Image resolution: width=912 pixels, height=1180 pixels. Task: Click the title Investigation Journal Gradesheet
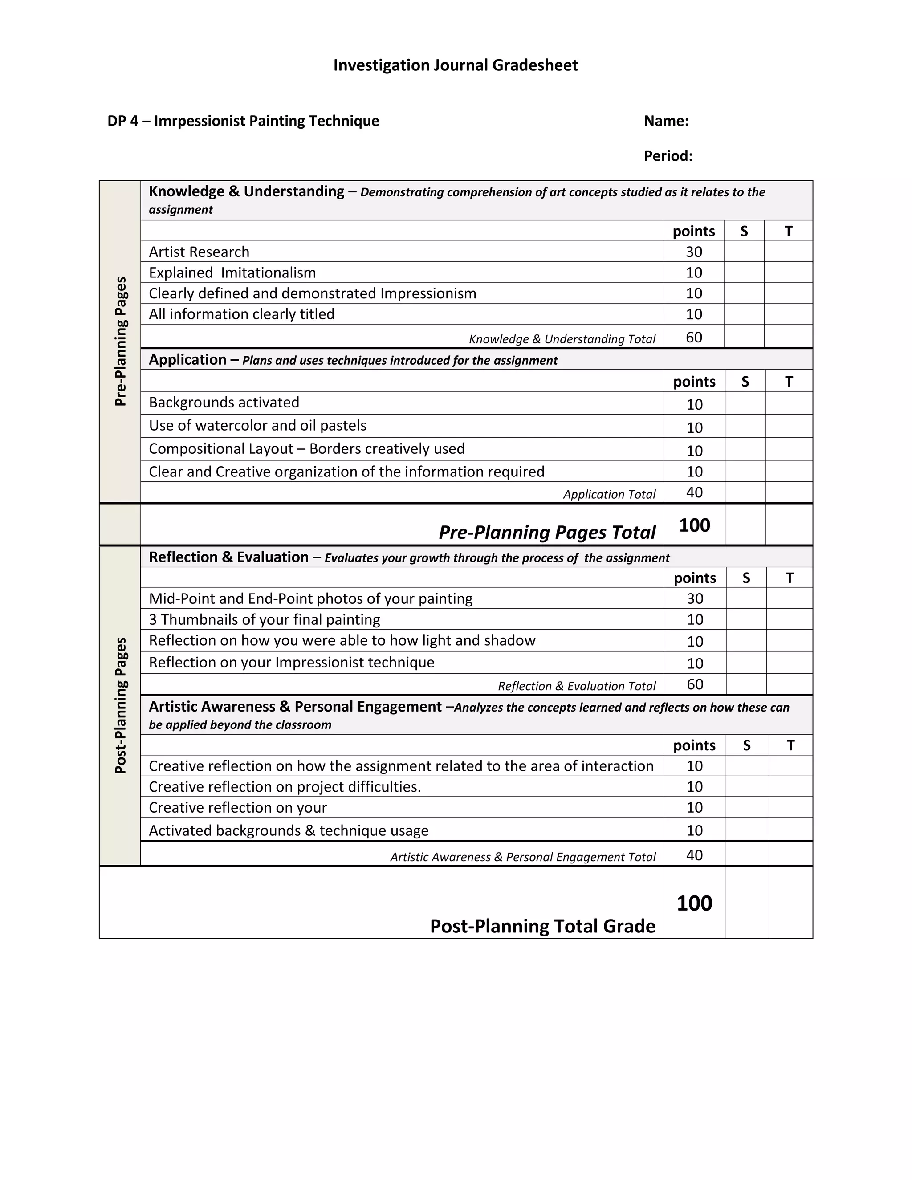(455, 65)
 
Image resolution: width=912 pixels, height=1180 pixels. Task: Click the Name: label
(666, 121)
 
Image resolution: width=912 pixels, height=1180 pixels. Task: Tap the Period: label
(668, 156)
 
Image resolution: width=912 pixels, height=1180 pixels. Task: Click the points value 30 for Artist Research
(694, 252)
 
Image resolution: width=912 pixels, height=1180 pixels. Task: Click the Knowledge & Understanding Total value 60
(694, 338)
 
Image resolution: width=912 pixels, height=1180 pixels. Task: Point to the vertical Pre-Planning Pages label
(121, 342)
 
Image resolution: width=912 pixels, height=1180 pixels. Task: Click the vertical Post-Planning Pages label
(121, 705)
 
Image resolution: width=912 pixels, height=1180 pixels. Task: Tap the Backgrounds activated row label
(224, 403)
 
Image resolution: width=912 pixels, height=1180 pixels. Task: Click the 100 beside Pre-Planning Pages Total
(694, 525)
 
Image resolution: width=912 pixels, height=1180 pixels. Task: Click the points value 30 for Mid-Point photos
(695, 598)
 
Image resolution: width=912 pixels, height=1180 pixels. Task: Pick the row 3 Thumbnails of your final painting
(264, 620)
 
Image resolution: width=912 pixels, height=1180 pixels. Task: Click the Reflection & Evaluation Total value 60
(695, 684)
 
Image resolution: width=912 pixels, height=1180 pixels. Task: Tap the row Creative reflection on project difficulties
(285, 787)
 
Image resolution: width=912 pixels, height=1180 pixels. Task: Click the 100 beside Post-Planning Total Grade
(694, 903)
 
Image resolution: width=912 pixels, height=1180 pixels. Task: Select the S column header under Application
(745, 382)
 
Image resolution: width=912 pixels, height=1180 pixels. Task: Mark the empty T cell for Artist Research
(788, 252)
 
